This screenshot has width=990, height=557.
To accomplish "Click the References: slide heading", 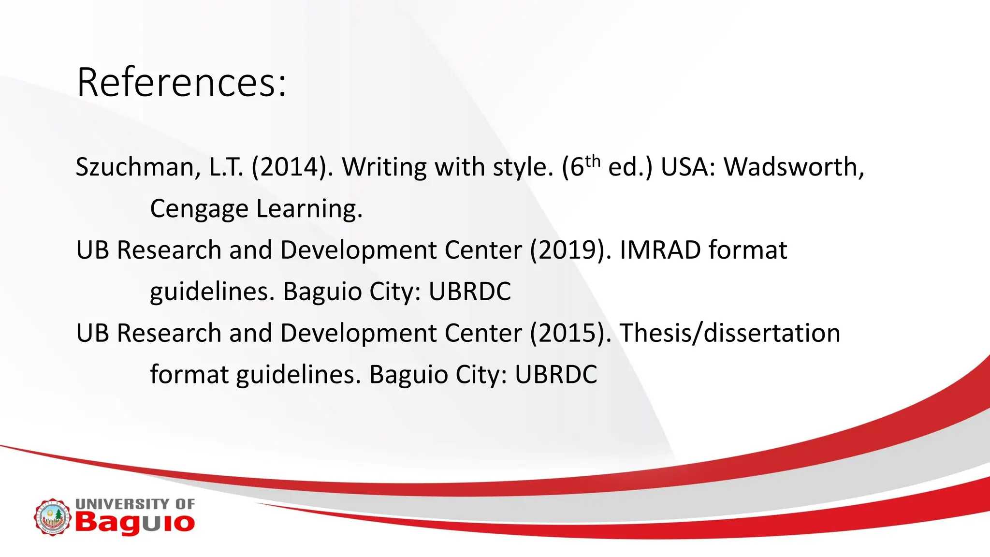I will [x=182, y=82].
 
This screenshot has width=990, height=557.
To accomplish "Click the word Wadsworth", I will [x=793, y=167].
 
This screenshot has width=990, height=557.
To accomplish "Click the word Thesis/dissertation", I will [x=730, y=334].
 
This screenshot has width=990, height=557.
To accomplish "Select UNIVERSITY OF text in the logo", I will [x=135, y=504].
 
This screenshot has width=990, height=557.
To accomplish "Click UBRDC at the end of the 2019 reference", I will [x=470, y=292].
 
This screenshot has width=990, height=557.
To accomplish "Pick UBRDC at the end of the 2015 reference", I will [x=556, y=375].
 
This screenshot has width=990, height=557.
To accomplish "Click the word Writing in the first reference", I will [x=385, y=167].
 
